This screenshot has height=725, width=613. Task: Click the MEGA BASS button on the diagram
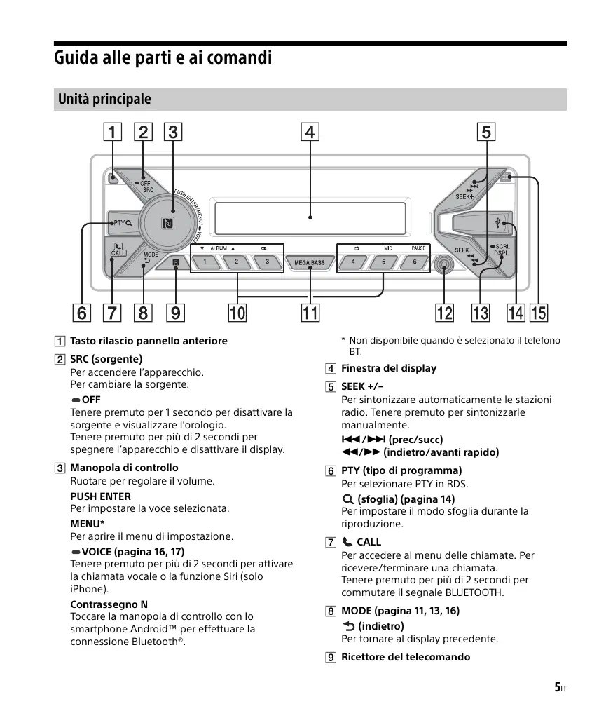coord(309,263)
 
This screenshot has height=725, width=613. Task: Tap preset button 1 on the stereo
coord(205,262)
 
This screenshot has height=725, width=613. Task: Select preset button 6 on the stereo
coord(415,262)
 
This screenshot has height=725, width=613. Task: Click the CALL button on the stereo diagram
coord(118,250)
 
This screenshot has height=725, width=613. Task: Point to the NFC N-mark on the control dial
coord(167,224)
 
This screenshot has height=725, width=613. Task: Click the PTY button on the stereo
coord(122,223)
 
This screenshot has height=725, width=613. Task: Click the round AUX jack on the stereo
coord(444,265)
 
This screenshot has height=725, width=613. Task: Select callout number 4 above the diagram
coord(310,132)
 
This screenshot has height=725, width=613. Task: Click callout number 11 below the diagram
coord(309,313)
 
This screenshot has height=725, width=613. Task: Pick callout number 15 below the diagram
coord(539,313)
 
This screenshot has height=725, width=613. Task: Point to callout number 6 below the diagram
coord(82,313)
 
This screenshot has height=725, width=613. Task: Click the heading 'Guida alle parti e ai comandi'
coord(163,57)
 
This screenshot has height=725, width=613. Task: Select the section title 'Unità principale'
coord(104,100)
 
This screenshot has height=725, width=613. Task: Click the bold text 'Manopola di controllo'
coord(124,468)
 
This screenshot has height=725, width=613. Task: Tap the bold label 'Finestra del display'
coord(388,368)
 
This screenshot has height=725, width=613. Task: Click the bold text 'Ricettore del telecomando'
coord(405,657)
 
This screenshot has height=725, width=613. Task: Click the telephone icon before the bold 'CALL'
coord(347,542)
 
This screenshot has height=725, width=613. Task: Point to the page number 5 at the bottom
coord(557,687)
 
